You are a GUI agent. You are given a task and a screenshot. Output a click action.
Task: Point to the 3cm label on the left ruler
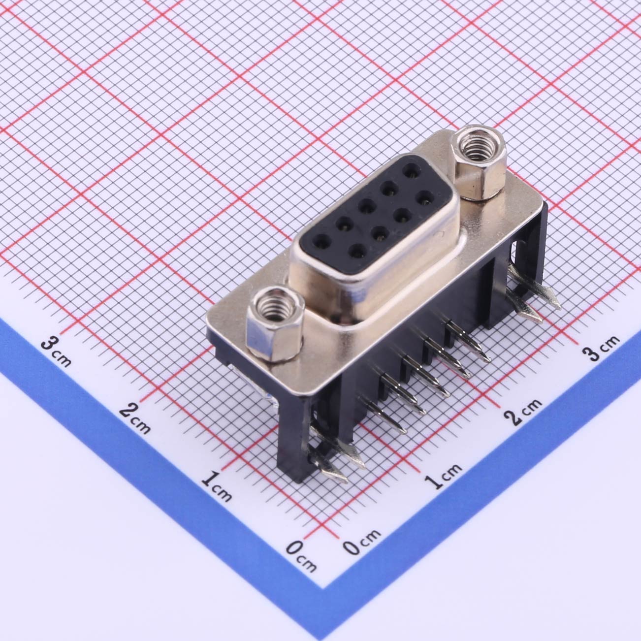point(56,351)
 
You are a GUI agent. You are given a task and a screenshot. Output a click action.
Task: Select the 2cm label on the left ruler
point(134,418)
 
